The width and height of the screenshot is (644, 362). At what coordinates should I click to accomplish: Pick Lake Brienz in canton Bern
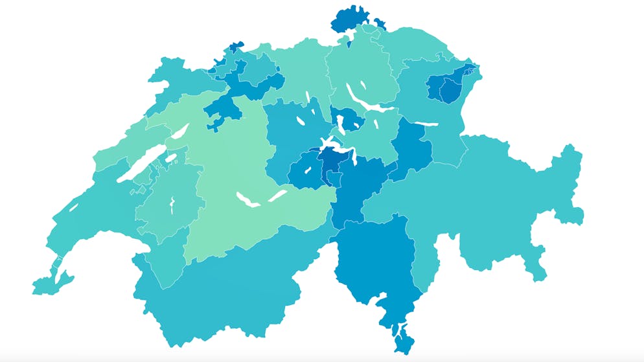tap(277, 194)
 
